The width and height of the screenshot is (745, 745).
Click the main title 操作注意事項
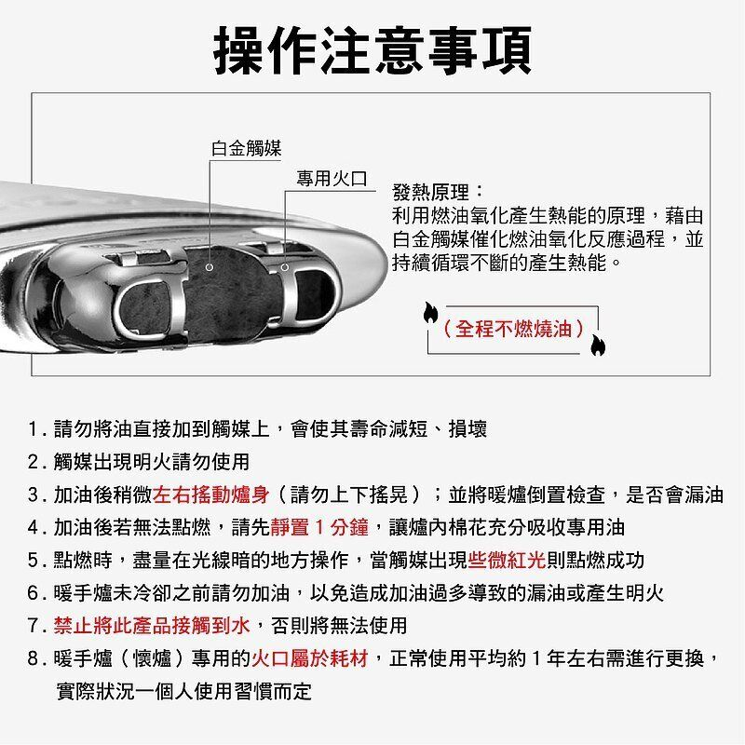[x=373, y=50]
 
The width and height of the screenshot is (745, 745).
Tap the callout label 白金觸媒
[x=246, y=149]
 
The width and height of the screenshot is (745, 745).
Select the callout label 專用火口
[x=332, y=179]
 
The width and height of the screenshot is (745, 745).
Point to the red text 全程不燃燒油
[x=513, y=329]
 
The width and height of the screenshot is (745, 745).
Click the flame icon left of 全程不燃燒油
[x=430, y=312]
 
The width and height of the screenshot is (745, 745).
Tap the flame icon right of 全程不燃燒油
[x=598, y=345]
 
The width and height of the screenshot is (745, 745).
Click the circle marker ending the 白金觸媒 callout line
[x=210, y=267]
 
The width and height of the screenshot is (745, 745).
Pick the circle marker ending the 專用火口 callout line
[x=285, y=267]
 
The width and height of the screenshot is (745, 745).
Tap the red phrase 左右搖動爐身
[x=211, y=494]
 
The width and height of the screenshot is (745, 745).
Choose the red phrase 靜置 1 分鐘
[x=319, y=527]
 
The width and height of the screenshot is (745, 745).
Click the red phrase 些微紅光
[x=507, y=561]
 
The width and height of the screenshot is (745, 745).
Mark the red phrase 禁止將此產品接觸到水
[x=152, y=625]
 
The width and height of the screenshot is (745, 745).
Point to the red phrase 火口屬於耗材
[x=310, y=658]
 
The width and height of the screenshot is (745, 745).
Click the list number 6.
[x=34, y=593]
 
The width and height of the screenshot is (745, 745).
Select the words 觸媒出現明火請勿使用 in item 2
[x=152, y=462]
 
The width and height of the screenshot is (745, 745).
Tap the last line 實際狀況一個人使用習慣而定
[x=183, y=691]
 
